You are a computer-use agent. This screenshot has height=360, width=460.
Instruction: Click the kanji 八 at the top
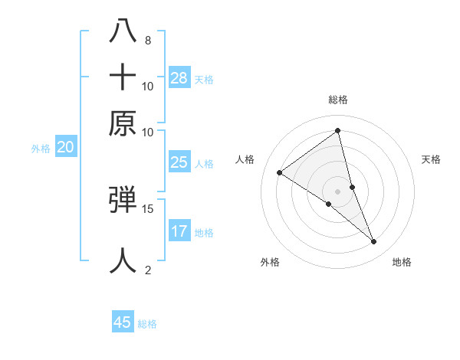click(123, 31)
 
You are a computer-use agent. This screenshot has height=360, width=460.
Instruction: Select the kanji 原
click(123, 123)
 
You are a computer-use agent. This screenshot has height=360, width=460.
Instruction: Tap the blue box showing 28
click(179, 77)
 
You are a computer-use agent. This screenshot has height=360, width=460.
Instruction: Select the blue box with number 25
click(179, 162)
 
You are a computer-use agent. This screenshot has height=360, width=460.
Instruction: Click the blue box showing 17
click(179, 231)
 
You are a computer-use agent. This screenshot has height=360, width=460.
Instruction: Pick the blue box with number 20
click(65, 148)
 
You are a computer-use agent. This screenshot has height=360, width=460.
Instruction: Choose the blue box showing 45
click(123, 322)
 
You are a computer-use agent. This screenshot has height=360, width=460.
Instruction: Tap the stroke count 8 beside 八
click(147, 40)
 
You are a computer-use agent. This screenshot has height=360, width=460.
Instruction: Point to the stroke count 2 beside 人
click(148, 270)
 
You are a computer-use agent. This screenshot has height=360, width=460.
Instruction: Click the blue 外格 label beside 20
click(41, 149)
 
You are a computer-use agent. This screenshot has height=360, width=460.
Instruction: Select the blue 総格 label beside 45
click(147, 324)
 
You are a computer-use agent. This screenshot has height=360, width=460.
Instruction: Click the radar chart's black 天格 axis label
click(431, 159)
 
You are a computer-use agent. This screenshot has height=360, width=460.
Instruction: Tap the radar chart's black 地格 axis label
click(402, 262)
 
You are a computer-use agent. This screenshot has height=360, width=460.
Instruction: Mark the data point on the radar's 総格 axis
click(338, 131)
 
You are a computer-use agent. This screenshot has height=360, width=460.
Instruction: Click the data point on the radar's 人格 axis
click(280, 172)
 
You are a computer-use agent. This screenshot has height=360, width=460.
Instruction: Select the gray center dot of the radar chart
click(338, 191)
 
